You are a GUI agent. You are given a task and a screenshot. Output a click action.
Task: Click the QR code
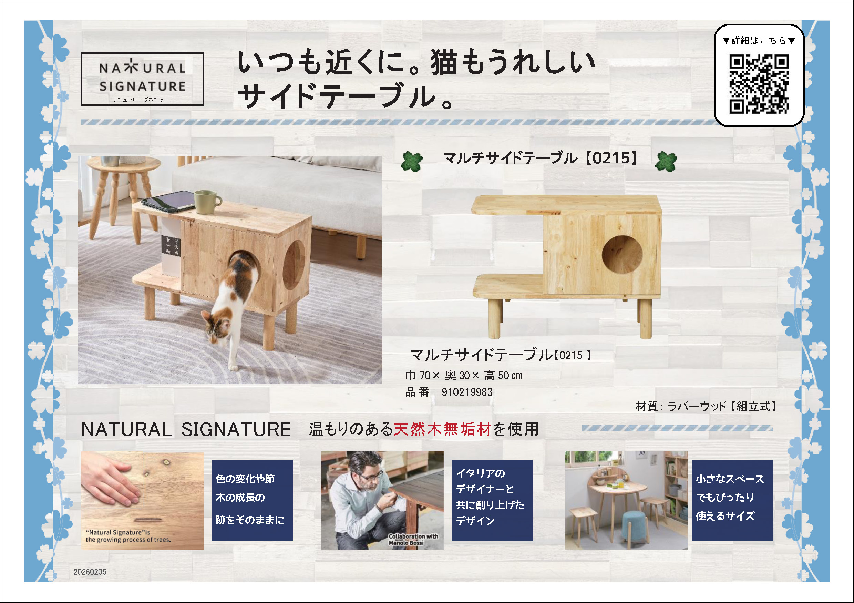[759, 84]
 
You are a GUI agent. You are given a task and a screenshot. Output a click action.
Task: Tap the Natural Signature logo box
[143, 79]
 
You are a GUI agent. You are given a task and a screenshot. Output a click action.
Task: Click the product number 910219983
[467, 392]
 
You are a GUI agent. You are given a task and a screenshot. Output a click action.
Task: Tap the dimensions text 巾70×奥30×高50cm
[464, 376]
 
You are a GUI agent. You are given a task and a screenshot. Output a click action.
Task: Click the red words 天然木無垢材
[443, 429]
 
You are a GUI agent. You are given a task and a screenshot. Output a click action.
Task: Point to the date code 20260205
[90, 572]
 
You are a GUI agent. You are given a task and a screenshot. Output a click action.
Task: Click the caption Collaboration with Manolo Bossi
[413, 540]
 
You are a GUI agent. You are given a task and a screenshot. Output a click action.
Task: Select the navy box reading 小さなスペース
[732, 500]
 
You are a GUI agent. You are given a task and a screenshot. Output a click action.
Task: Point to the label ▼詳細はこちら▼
[759, 40]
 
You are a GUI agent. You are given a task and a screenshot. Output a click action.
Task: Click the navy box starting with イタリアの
[492, 500]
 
